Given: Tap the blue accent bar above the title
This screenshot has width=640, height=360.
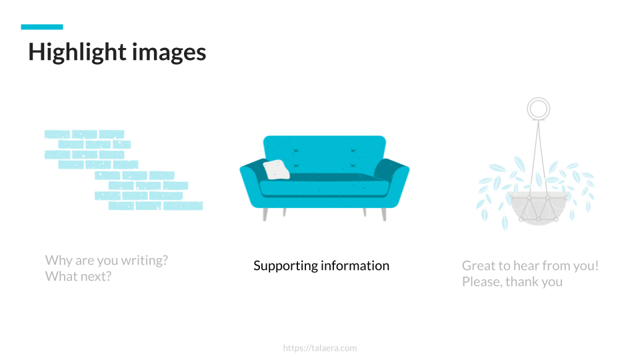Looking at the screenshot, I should pyautogui.click(x=42, y=27).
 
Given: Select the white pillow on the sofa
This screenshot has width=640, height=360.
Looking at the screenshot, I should pyautogui.click(x=276, y=170).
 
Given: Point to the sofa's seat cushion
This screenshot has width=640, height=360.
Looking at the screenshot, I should pyautogui.click(x=325, y=187).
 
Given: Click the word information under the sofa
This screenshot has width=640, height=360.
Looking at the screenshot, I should pyautogui.click(x=355, y=266).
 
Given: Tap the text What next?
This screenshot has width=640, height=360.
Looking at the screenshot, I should pyautogui.click(x=78, y=276).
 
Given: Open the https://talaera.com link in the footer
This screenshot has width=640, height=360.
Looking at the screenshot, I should pyautogui.click(x=320, y=348).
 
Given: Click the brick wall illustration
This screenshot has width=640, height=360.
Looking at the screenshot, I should pyautogui.click(x=123, y=171).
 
